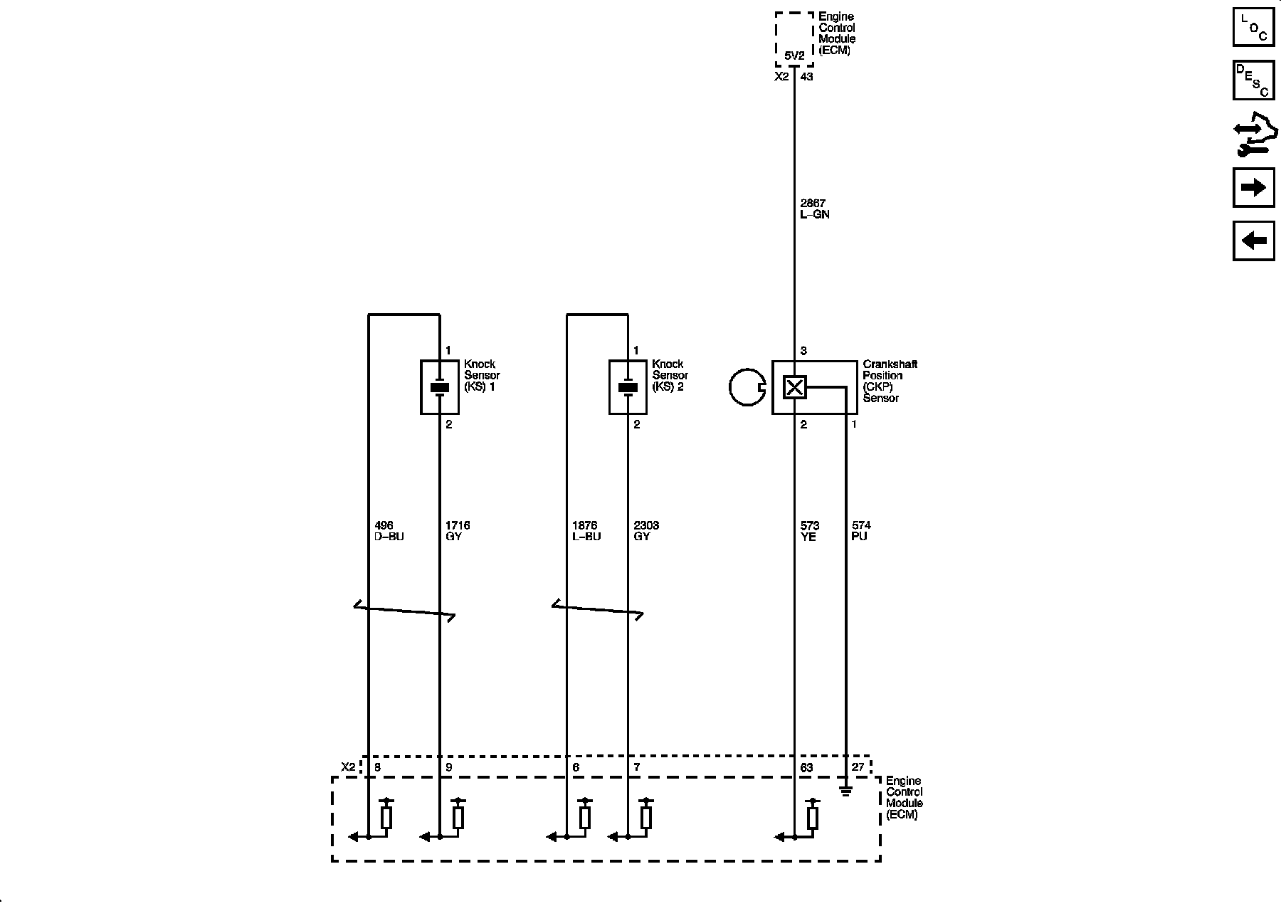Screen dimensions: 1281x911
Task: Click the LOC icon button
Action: click(1253, 27)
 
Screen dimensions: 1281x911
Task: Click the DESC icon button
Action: click(1253, 80)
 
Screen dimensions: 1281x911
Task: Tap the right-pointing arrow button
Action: click(1253, 187)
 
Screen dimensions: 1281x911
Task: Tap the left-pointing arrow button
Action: click(1253, 241)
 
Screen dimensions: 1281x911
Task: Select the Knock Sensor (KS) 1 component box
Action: click(440, 387)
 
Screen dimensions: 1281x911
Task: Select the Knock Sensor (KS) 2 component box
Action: click(628, 387)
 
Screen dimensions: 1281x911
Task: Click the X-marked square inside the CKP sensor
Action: click(794, 388)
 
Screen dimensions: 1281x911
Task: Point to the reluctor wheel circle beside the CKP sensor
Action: click(747, 388)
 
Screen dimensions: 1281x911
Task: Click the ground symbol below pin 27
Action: click(845, 789)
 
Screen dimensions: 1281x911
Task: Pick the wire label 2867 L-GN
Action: click(815, 209)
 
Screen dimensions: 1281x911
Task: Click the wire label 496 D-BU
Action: click(389, 531)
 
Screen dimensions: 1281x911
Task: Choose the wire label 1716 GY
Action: click(458, 531)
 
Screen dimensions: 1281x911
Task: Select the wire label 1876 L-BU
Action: click(586, 531)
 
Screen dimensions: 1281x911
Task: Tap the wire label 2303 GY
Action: click(646, 531)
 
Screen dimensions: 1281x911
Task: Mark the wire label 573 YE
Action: click(810, 531)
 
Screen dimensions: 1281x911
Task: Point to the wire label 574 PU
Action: click(861, 531)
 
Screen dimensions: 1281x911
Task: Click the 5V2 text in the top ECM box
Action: click(794, 56)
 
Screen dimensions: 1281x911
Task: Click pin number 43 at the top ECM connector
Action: click(806, 77)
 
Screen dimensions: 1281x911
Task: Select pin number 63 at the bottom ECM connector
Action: click(806, 768)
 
